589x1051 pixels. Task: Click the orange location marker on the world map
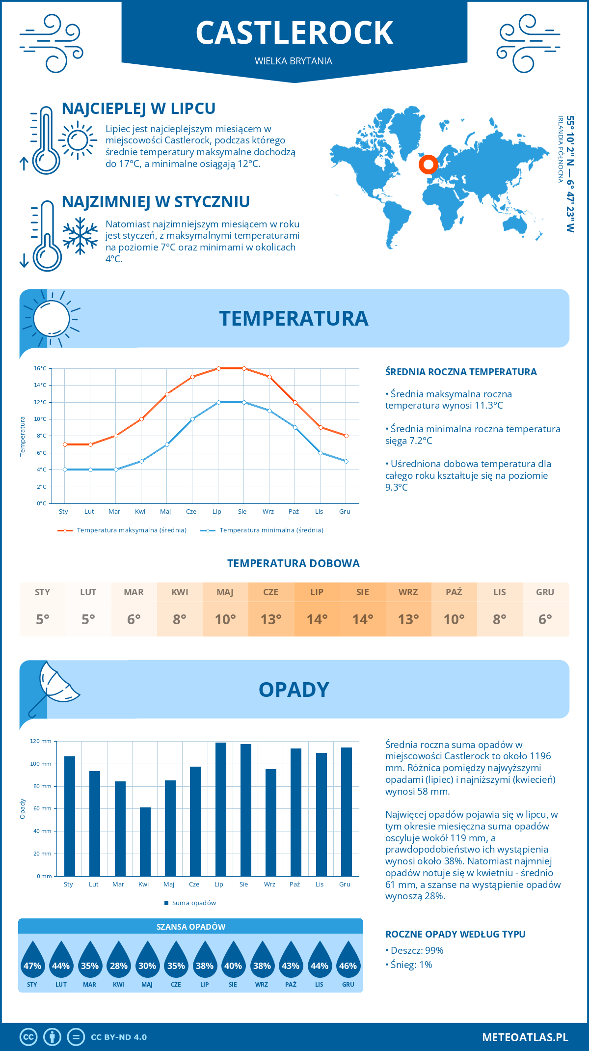[428, 165]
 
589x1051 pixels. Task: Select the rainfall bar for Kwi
[145, 841]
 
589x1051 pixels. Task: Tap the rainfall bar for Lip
[221, 809]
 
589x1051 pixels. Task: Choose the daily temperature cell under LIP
[317, 619]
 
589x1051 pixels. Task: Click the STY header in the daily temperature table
[43, 592]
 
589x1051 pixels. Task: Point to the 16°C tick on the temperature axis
[40, 368]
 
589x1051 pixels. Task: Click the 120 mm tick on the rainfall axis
[41, 741]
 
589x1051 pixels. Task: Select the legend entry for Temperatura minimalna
[262, 530]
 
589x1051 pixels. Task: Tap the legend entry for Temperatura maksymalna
[122, 530]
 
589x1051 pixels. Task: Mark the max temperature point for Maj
[167, 394]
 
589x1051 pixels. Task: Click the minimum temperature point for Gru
[346, 461]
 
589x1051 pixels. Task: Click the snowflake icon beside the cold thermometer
[80, 236]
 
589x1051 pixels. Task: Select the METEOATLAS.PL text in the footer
[525, 1037]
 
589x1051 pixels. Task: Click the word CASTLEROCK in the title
[294, 33]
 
